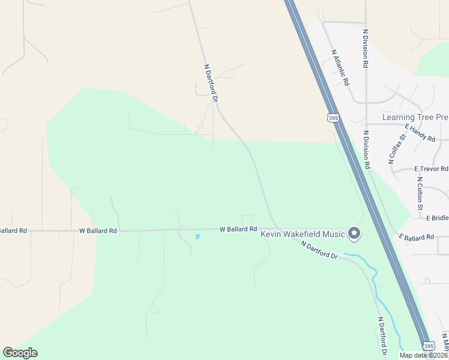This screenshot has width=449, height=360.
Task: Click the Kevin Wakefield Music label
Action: pos(303,234)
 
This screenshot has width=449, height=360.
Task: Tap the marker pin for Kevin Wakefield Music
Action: pos(354,233)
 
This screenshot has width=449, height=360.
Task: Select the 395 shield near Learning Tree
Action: pos(333,118)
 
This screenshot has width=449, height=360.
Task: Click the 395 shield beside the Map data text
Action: pos(428,346)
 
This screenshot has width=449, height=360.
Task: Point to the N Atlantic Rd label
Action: pos(340,67)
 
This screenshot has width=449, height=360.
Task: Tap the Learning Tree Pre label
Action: pos(415,118)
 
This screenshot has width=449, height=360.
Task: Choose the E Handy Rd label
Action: pos(420,133)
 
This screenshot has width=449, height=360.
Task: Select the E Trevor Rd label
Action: pos(431,169)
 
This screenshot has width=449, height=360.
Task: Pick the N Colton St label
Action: pos(420,193)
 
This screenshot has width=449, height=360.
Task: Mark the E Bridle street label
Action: pos(437,218)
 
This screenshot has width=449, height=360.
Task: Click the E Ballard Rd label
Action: pos(415,238)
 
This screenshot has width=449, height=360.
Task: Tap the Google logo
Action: pos(20,353)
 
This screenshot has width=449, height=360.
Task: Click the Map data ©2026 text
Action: pos(421,355)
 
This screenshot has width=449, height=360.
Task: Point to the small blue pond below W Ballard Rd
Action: pos(197,236)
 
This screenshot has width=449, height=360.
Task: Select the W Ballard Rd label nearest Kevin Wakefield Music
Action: pos(238,229)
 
